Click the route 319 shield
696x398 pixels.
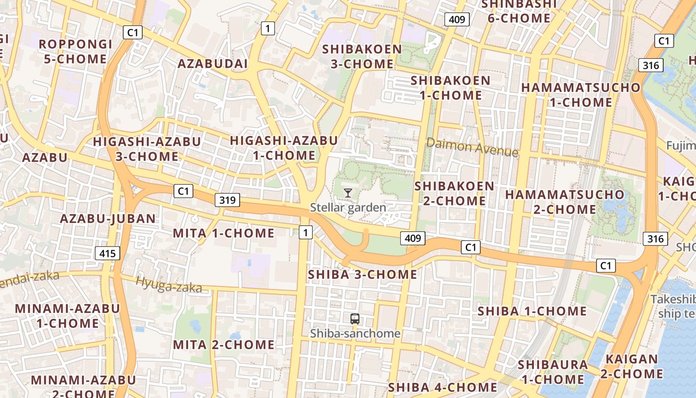[227, 200]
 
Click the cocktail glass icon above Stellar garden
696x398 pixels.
[348, 193]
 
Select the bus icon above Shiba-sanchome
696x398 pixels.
[354, 319]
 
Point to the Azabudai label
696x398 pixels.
[212, 64]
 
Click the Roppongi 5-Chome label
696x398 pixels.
[76, 52]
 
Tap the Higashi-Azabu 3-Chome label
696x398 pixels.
[147, 149]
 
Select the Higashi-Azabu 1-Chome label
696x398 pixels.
[284, 148]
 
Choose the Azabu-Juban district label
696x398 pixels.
[108, 218]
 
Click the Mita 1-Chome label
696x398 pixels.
[224, 233]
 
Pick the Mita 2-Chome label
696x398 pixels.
[224, 344]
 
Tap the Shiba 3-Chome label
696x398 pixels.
[362, 274]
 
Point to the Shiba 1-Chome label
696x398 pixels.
[532, 311]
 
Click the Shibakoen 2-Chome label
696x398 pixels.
[454, 194]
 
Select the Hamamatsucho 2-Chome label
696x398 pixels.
[565, 201]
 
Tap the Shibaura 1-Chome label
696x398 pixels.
[552, 372]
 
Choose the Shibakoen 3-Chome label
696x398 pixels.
[362, 57]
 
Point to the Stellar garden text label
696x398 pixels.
[348, 207]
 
